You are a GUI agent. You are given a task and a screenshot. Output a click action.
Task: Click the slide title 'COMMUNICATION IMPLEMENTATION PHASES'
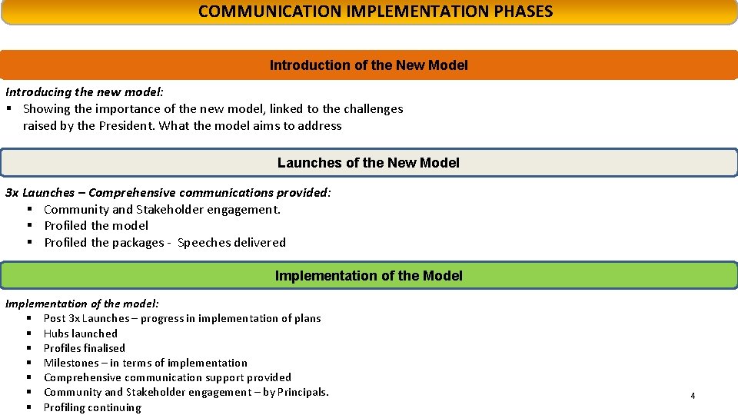[x=375, y=12]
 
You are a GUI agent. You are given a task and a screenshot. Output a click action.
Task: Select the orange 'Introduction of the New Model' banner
[x=368, y=65]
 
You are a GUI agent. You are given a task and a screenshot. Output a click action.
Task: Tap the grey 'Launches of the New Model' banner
[x=368, y=163]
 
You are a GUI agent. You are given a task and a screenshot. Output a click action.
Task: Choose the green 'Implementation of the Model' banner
[x=368, y=276]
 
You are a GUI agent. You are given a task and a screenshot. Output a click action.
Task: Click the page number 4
[x=693, y=396]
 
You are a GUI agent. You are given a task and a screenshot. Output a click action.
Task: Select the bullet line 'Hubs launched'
[x=81, y=334]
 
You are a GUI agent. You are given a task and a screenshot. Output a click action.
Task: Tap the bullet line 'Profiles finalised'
[x=85, y=348]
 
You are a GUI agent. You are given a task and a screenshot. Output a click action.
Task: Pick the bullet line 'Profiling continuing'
[x=92, y=407]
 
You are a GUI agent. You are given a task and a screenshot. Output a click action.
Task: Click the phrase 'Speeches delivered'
[x=231, y=243]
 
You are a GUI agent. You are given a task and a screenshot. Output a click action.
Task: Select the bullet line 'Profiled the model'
[x=96, y=226]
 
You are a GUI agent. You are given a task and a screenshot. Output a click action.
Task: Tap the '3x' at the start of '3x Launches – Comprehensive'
[x=12, y=193]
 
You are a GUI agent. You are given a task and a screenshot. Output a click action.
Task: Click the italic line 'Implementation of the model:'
[x=82, y=304]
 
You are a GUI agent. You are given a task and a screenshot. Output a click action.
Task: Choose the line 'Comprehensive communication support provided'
[x=168, y=377]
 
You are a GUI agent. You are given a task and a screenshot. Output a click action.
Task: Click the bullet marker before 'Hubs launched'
[x=28, y=334]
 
